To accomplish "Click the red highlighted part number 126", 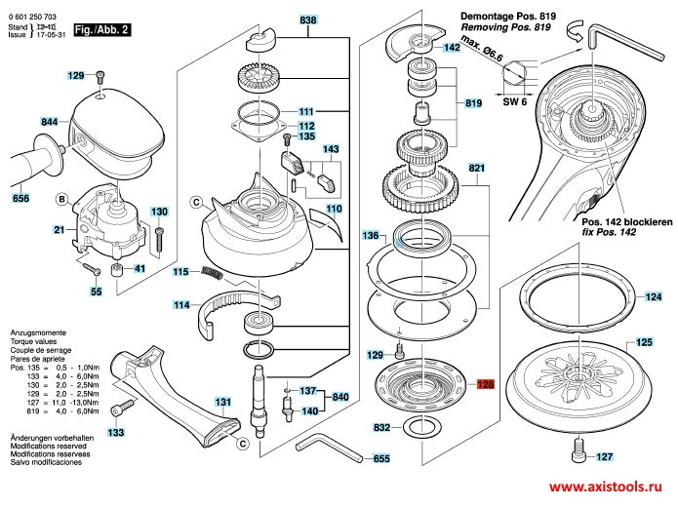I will coord(487,385).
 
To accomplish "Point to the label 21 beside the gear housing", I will coord(60,230).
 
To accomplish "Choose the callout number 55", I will coord(96,292).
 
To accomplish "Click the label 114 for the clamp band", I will coord(181,305).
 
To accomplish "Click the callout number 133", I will coord(116,431).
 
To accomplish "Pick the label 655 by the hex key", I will coord(381,457).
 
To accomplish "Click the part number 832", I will coord(382,427).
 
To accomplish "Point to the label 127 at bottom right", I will coord(605,456).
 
